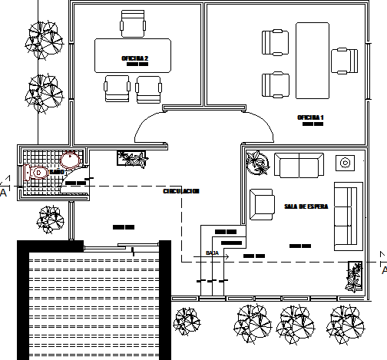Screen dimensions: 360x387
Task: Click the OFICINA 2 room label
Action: click(x=134, y=58)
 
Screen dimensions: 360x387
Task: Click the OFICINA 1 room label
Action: click(x=311, y=117)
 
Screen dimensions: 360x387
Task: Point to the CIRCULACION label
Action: click(x=181, y=191)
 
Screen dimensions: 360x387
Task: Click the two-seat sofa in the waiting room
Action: click(x=300, y=165)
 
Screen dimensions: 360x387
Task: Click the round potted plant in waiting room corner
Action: click(x=256, y=160)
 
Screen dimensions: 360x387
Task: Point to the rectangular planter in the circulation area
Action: click(x=131, y=158)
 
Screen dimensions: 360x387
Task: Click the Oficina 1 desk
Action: click(x=312, y=59)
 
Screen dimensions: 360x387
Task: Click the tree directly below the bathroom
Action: click(x=50, y=219)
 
